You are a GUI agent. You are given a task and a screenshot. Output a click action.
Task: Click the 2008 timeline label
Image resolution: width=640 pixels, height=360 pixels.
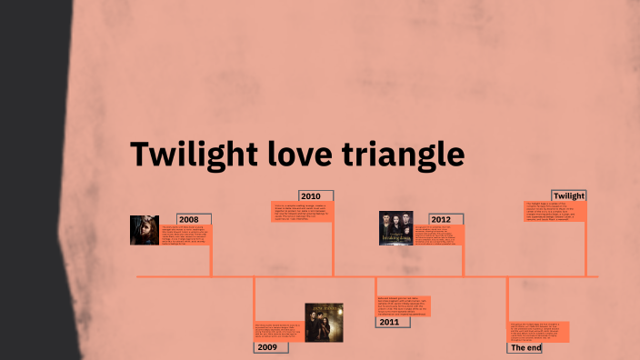pyautogui.click(x=189, y=219)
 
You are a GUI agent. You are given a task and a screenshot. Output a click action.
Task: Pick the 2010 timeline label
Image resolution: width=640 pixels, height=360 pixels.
pyautogui.click(x=311, y=195)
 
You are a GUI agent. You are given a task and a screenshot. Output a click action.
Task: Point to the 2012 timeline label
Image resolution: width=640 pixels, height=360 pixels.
pyautogui.click(x=441, y=219)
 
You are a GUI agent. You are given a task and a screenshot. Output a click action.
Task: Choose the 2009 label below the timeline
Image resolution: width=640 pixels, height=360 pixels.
pyautogui.click(x=266, y=346)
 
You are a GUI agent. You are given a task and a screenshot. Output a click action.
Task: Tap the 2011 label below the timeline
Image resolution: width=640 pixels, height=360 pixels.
pyautogui.click(x=389, y=322)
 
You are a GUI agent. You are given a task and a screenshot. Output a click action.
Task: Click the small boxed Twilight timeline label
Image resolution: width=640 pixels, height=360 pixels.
pyautogui.click(x=569, y=195)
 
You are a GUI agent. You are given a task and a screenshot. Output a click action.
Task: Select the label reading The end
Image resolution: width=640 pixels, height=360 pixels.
pyautogui.click(x=525, y=347)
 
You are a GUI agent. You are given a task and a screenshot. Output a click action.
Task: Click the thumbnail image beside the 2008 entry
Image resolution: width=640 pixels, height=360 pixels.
pyautogui.click(x=144, y=230)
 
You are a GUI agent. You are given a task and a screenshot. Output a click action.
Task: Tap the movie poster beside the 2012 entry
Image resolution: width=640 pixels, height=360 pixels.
pyautogui.click(x=395, y=228)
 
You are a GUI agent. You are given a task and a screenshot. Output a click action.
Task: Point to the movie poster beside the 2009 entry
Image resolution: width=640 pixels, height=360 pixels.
pyautogui.click(x=323, y=322)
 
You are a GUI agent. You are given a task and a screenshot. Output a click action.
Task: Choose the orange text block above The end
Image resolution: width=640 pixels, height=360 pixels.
pyautogui.click(x=538, y=331)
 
